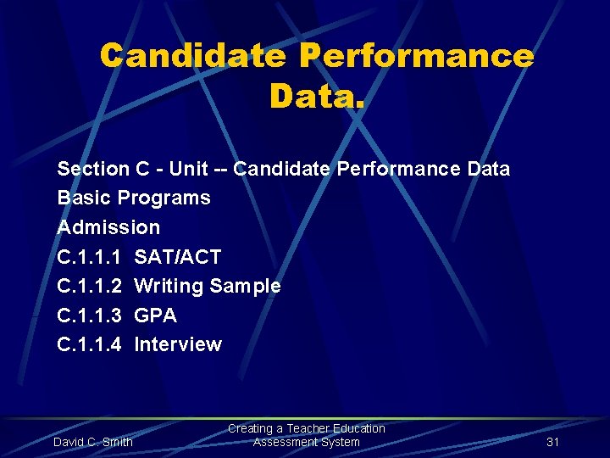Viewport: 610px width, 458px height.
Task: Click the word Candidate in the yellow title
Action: [192, 56]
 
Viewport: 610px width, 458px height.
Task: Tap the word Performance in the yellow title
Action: [417, 56]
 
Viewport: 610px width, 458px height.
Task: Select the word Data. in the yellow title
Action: [317, 95]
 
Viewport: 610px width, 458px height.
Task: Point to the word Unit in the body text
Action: [188, 169]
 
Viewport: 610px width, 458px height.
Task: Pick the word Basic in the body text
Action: [84, 198]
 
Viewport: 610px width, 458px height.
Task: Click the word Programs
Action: [164, 198]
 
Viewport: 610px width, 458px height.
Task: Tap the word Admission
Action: [108, 227]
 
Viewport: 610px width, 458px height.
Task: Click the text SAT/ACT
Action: [178, 257]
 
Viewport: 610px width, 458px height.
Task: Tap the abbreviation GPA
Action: [156, 316]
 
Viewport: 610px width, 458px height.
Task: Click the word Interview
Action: [178, 344]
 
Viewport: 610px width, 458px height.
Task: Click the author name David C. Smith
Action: [93, 442]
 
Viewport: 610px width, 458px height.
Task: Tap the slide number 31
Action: [553, 442]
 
